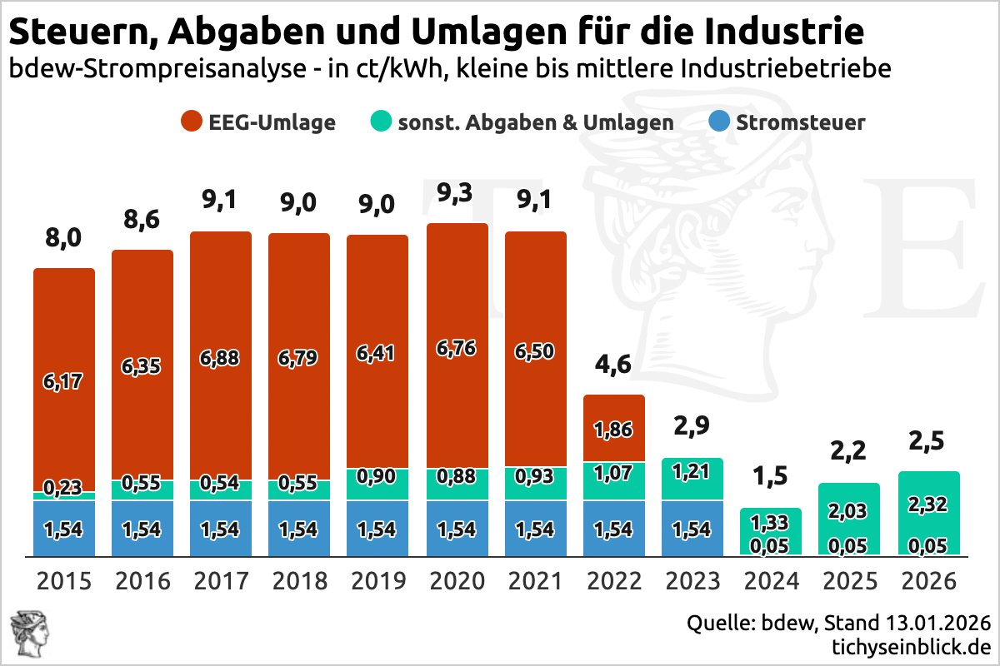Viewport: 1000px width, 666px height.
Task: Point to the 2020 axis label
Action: click(457, 580)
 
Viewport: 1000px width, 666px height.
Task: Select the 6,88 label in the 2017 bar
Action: click(221, 358)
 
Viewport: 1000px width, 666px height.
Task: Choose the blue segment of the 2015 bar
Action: click(64, 529)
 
